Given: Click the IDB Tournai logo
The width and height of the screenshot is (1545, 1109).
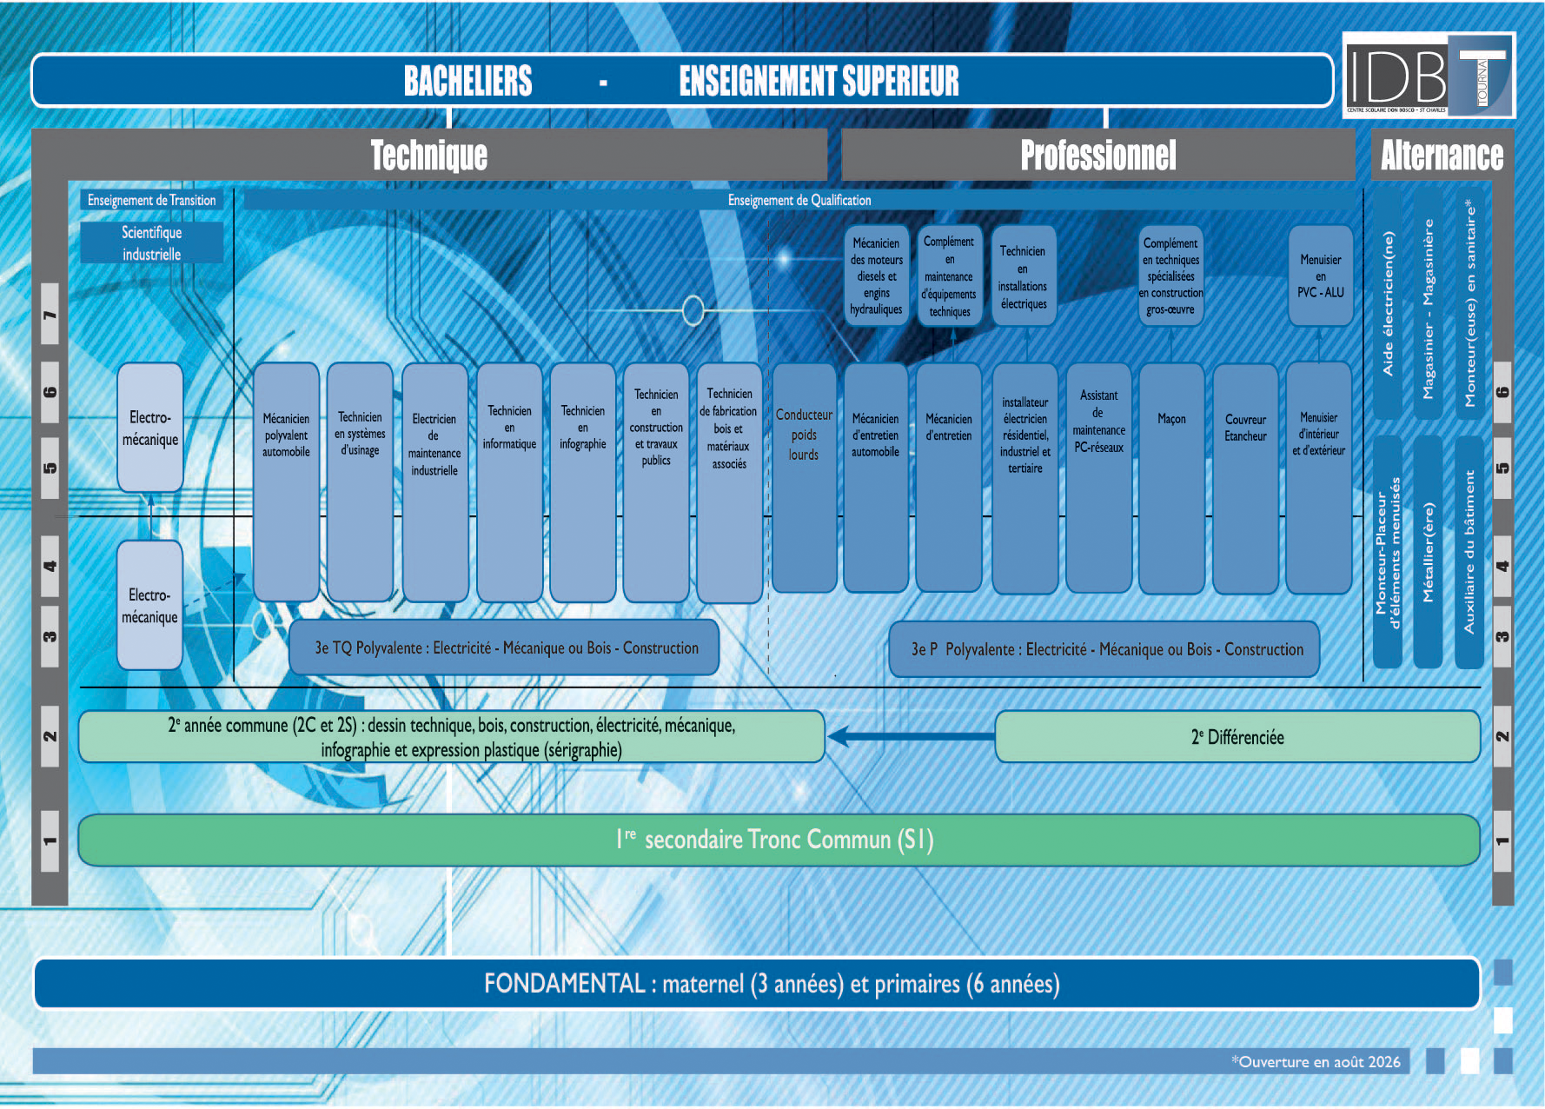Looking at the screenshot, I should [x=1429, y=76].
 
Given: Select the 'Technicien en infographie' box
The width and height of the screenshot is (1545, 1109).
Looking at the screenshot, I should [x=582, y=481].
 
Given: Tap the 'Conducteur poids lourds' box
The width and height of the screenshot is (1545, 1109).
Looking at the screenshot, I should [x=804, y=477].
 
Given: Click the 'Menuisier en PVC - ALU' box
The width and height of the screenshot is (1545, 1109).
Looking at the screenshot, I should [x=1320, y=276].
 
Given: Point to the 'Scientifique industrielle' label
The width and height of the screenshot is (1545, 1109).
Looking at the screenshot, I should [x=152, y=243].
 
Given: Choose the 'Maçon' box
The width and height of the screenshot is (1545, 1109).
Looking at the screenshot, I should [x=1171, y=477].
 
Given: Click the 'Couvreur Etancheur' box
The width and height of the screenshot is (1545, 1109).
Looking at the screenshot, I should [x=1245, y=477].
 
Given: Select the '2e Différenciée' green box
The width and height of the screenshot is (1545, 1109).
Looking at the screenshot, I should [x=1237, y=737].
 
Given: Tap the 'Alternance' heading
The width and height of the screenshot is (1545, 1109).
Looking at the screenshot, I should [x=1442, y=156].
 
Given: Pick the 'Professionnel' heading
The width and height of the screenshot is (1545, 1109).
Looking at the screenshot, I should [x=1097, y=156].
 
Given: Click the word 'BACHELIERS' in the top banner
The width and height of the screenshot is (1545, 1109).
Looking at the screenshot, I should [x=467, y=81].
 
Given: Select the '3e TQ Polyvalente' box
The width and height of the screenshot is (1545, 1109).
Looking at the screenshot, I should [x=505, y=647].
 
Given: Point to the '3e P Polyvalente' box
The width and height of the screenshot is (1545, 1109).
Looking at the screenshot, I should [x=1104, y=649].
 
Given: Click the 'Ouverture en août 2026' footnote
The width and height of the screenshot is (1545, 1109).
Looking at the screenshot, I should [x=1316, y=1061].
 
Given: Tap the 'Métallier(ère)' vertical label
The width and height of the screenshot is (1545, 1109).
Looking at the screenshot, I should [x=1428, y=552].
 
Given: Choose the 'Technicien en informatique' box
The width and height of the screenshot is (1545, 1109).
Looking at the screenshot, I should [x=509, y=481].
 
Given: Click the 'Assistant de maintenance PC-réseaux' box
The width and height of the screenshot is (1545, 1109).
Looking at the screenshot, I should [x=1098, y=477].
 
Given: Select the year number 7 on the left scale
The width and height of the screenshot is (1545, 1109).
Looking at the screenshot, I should [x=50, y=314].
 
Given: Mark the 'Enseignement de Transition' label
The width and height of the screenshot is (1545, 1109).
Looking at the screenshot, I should [x=152, y=200].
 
